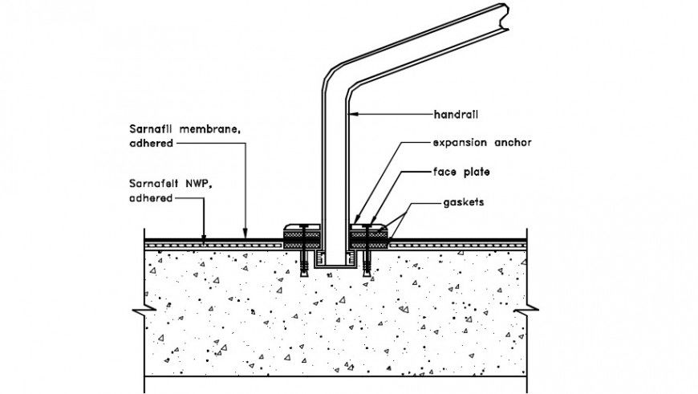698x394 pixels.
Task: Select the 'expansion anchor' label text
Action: point(481,143)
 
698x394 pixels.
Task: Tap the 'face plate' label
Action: point(461,173)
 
